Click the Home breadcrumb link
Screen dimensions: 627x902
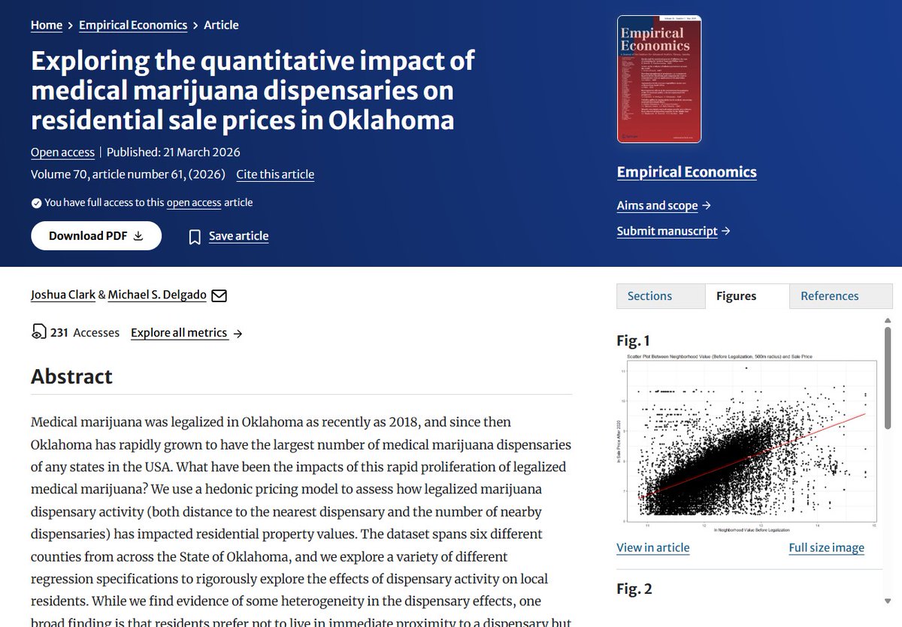tap(47, 25)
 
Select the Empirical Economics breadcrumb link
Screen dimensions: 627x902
tap(133, 25)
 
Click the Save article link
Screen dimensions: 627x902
tap(238, 236)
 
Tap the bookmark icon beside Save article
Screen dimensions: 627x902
tap(195, 237)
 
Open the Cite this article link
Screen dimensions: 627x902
tap(275, 174)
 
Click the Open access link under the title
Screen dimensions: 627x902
tap(62, 152)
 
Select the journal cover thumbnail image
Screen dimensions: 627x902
tap(658, 79)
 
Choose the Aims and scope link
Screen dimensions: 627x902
tap(658, 205)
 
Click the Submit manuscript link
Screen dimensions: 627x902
tap(667, 231)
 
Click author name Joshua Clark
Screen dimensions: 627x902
tap(63, 295)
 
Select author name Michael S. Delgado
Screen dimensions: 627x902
tap(157, 295)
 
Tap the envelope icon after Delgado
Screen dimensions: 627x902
tap(219, 295)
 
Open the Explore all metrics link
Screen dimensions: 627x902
tap(179, 332)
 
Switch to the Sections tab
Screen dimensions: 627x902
tap(649, 296)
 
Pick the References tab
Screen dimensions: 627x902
tap(829, 296)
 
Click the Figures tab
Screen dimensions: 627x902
tap(736, 296)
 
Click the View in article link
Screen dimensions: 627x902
tap(652, 547)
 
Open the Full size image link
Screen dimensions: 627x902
tap(826, 547)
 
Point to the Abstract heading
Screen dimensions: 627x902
tap(71, 376)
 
